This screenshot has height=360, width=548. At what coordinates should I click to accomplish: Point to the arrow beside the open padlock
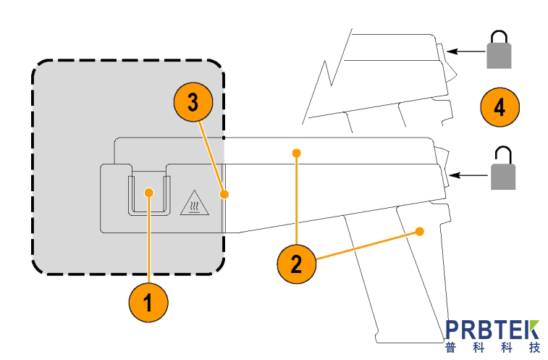click(467, 175)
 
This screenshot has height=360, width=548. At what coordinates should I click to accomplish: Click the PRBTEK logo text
click(492, 330)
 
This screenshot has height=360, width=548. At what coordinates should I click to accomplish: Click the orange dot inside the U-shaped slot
click(148, 192)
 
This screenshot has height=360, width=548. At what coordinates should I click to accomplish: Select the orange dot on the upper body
click(295, 152)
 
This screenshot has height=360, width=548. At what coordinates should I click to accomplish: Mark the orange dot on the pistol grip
click(419, 232)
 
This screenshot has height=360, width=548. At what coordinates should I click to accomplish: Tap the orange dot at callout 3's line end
click(225, 194)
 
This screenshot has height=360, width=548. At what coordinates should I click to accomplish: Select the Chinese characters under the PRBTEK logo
click(492, 348)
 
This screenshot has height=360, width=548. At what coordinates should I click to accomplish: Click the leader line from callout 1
click(148, 239)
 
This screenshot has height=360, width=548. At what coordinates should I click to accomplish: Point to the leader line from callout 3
click(211, 156)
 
